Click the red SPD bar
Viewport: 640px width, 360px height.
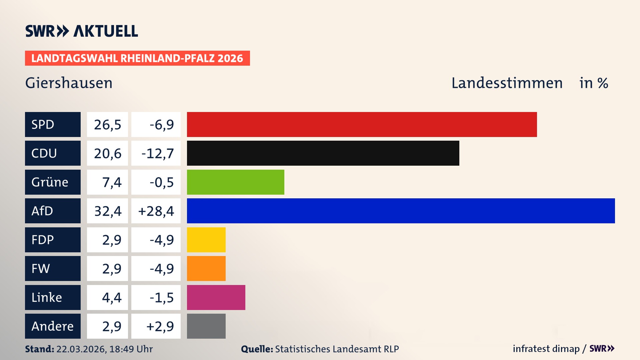362,124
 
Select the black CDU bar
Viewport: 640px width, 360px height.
323,153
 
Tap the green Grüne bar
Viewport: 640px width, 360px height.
235,182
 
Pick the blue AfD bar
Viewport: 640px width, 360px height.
401,211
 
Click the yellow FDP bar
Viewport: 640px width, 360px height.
206,240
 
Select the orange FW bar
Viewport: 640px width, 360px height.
206,268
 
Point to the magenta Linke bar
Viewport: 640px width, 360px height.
216,297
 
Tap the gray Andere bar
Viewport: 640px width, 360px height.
206,326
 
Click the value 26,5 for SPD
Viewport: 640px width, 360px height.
107,125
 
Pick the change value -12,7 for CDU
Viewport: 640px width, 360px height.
157,153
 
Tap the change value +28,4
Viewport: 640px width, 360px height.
156,211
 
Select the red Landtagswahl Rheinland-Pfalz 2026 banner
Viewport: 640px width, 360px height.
137,58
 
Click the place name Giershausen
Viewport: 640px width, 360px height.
69,83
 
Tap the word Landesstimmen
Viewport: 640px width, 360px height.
507,83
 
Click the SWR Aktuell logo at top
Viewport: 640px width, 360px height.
82,31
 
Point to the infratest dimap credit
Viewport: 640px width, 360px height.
546,349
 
